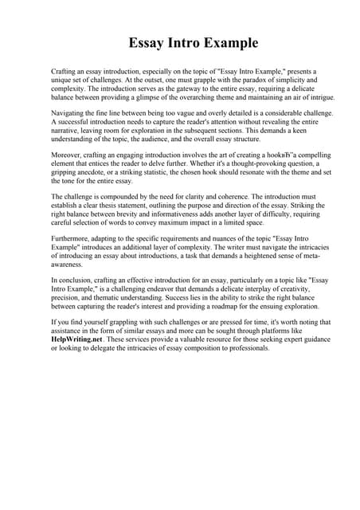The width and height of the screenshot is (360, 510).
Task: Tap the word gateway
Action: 179,89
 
